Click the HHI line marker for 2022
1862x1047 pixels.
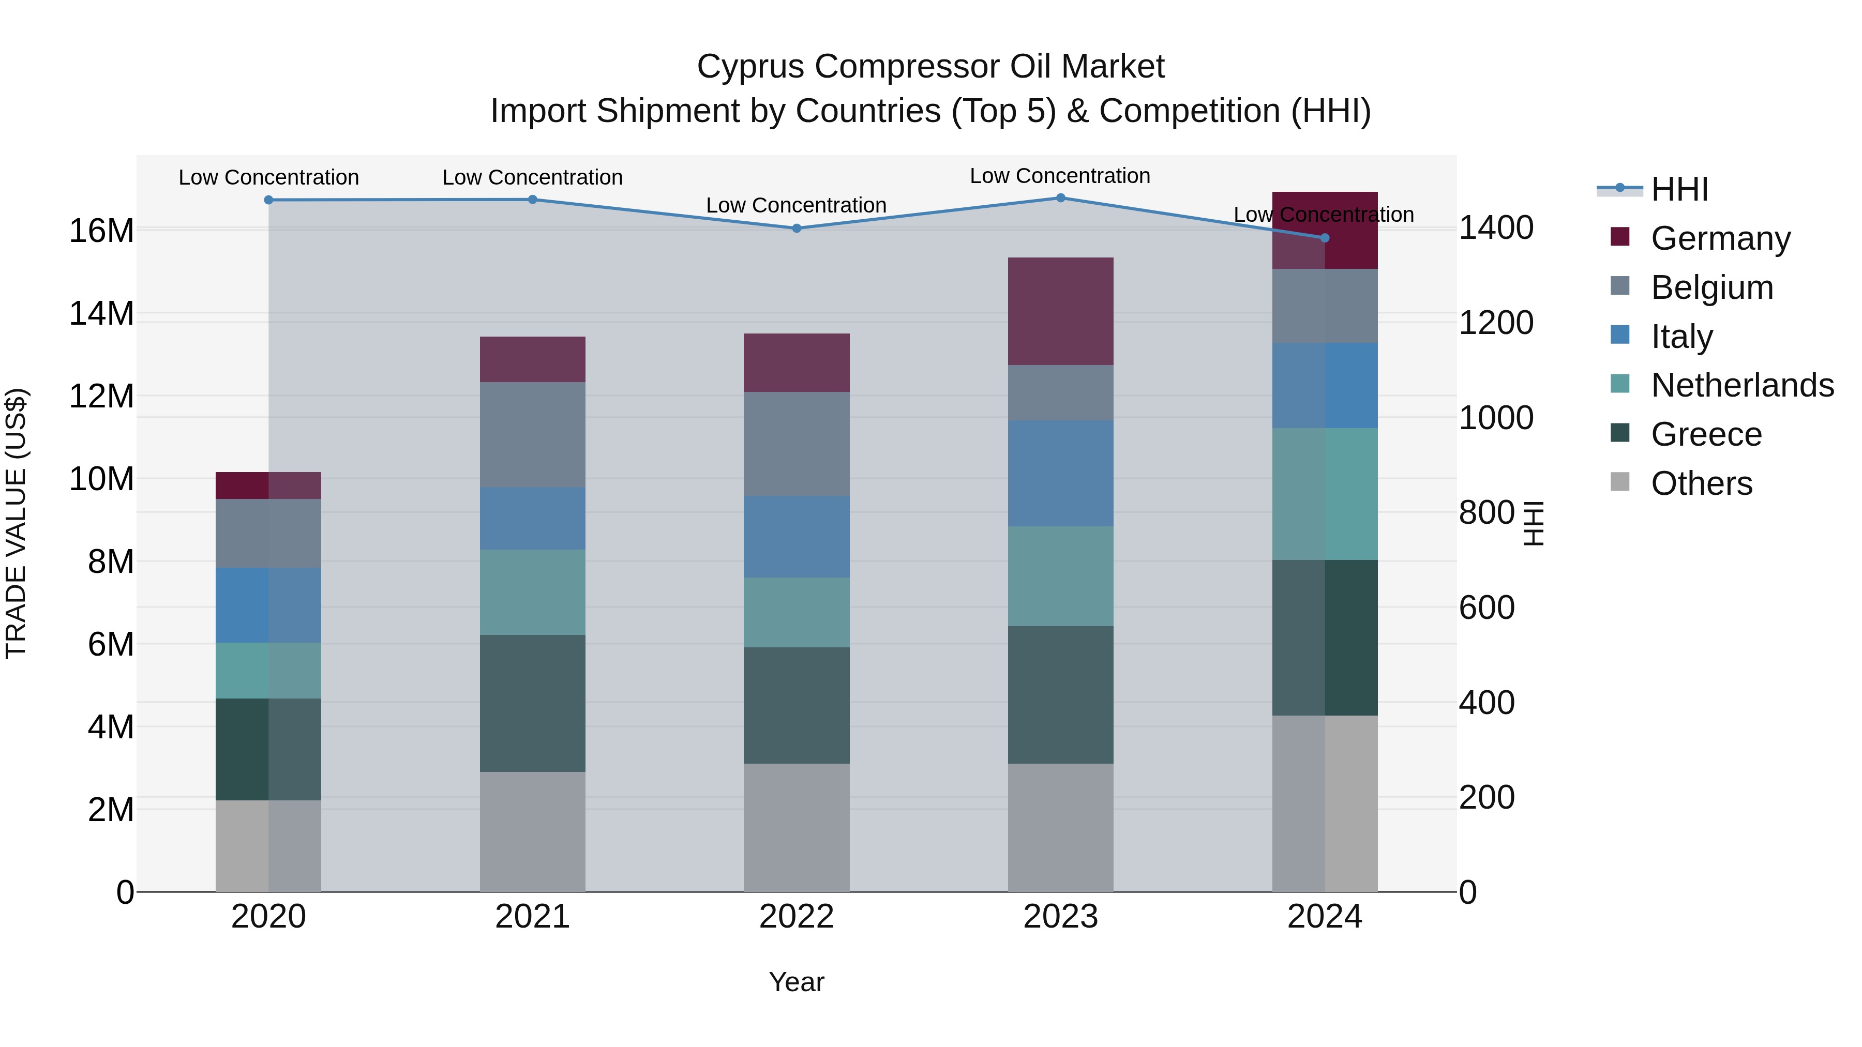point(797,229)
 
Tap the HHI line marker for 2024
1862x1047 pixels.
point(1324,238)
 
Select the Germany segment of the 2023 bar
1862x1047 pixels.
point(1060,311)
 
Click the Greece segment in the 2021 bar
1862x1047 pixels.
point(533,703)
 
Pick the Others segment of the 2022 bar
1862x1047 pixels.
point(797,827)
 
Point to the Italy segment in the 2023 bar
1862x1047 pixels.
point(1060,473)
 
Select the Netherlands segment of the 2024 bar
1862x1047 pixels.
point(1324,494)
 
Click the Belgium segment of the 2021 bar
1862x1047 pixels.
point(533,434)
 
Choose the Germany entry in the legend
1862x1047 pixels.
point(1720,238)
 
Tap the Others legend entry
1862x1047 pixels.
point(1701,483)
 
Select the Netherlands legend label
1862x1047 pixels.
point(1742,385)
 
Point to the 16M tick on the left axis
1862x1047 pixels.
point(101,231)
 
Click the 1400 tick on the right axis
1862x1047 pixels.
point(1495,227)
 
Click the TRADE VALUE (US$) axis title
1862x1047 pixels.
point(16,523)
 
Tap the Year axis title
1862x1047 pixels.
point(797,982)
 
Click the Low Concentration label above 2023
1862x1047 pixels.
point(1060,176)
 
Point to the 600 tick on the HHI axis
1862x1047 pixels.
point(1486,608)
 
